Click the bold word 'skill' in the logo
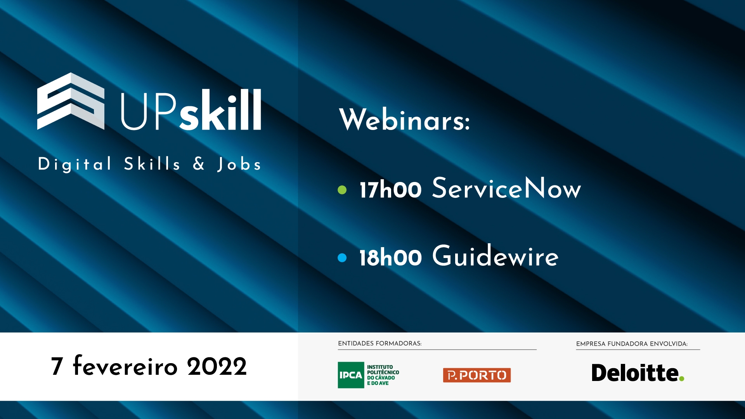click(220, 109)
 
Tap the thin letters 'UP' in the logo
click(149, 111)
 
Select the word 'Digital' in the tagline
click(75, 164)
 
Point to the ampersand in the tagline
click(199, 163)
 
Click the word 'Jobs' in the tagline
click(239, 164)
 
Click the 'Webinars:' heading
click(405, 119)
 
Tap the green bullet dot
click(342, 190)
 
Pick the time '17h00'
click(390, 190)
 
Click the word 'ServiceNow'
click(506, 188)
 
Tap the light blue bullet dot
click(342, 258)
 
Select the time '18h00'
click(390, 257)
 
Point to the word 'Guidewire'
click(496, 256)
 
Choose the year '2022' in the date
click(217, 366)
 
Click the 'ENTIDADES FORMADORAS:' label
click(379, 343)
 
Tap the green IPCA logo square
click(351, 375)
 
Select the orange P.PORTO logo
click(477, 375)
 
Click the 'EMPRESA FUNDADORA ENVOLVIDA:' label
click(632, 344)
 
